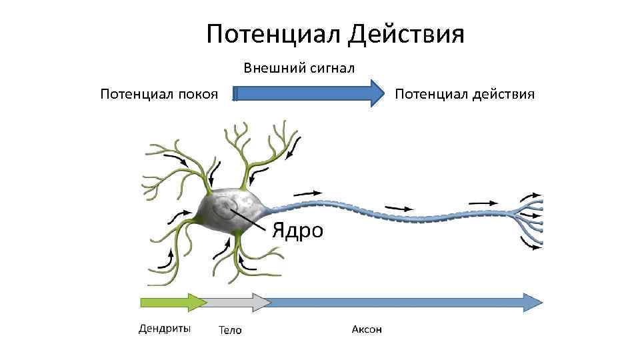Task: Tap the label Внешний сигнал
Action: pyautogui.click(x=298, y=68)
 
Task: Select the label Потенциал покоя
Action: pyautogui.click(x=159, y=94)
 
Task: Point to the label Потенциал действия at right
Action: pyautogui.click(x=465, y=94)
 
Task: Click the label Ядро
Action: pyautogui.click(x=297, y=231)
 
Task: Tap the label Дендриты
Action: pyautogui.click(x=164, y=328)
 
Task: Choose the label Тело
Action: pyautogui.click(x=230, y=330)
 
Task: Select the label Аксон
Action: pyautogui.click(x=367, y=329)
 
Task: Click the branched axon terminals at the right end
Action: pyautogui.click(x=530, y=217)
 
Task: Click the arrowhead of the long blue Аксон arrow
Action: pyautogui.click(x=533, y=302)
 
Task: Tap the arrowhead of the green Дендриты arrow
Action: pyautogui.click(x=199, y=302)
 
